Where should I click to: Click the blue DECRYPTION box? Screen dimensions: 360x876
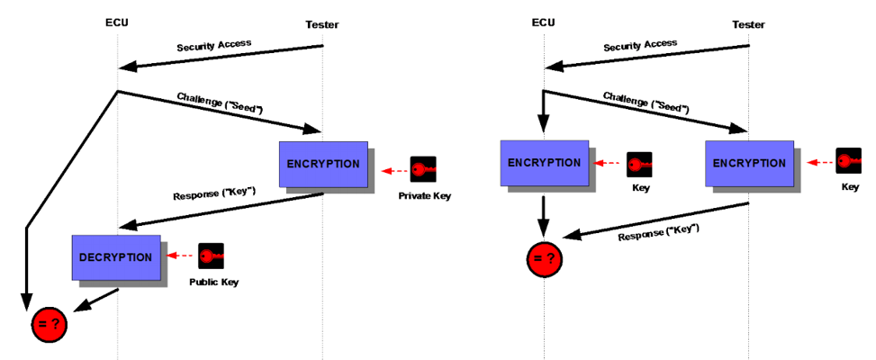[x=116, y=257]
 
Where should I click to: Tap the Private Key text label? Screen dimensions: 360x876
[x=423, y=195]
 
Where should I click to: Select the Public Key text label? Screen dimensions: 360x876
[x=213, y=283]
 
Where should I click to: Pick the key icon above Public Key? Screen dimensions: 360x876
[x=211, y=256]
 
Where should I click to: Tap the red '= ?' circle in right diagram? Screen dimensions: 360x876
[x=543, y=259]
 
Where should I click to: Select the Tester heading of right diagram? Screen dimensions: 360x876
[x=749, y=24]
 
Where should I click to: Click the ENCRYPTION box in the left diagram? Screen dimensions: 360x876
[x=323, y=164]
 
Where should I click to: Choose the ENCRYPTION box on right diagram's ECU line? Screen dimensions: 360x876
[x=544, y=163]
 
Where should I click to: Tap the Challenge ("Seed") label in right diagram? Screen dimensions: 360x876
[x=646, y=102]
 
